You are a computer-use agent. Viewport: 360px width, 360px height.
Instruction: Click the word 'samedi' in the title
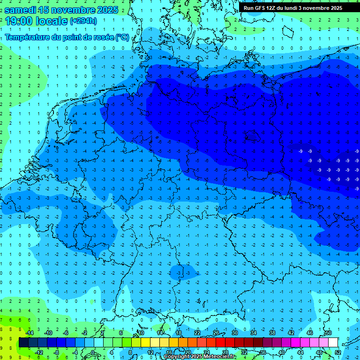click(22, 10)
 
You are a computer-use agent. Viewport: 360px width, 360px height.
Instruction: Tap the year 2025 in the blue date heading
click(106, 10)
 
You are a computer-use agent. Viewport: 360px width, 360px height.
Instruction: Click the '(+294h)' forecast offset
click(83, 21)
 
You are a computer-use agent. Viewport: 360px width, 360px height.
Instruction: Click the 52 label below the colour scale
click(337, 352)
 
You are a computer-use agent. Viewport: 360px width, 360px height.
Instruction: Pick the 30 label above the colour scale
click(234, 332)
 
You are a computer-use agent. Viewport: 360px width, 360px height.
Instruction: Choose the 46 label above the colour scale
click(309, 332)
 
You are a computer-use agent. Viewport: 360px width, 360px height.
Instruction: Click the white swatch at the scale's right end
click(333, 343)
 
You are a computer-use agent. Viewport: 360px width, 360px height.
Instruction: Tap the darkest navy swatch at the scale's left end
click(23, 343)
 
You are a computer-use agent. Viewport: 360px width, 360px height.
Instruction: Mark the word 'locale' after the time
click(51, 21)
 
